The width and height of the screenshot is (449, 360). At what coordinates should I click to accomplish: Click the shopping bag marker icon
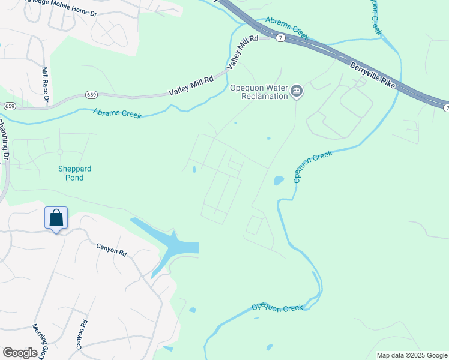[x=56, y=218]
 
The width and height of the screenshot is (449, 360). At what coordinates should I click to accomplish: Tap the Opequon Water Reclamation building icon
[x=296, y=91]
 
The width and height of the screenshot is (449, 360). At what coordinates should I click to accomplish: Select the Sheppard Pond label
[x=75, y=173]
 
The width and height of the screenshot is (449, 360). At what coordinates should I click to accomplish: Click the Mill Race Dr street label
[x=45, y=84]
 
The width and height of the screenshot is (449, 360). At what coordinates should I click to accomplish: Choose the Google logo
[x=20, y=353]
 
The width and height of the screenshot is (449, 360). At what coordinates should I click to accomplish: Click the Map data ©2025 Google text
[x=411, y=355]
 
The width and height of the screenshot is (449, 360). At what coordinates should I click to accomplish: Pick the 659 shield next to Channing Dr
[x=10, y=106]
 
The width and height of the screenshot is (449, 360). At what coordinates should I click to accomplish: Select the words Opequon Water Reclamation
[x=259, y=92]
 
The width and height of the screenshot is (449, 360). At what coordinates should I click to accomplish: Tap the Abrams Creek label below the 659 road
[x=117, y=113]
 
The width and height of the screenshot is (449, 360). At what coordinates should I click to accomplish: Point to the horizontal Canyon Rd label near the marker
[x=112, y=250]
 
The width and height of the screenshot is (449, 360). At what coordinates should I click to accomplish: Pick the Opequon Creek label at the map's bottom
[x=277, y=307]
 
